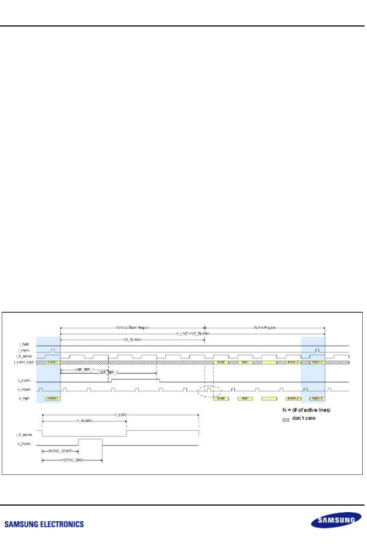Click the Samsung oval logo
pos(336,520)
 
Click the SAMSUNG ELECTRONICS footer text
pos(44,525)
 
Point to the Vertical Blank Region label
pos(132,328)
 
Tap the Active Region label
pos(264,328)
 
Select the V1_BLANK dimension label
pos(132,339)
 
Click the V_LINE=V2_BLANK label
pos(192,334)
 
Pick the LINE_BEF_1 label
pos(84,370)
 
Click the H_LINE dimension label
pos(120,415)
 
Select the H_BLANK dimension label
pos(85,421)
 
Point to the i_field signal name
pos(24,344)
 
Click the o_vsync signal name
pos(24,381)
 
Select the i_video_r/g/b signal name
pos(24,362)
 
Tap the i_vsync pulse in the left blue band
pos(53,350)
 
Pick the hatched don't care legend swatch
pos(286,420)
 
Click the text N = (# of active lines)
pos(306,410)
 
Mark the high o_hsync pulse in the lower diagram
pos(90,442)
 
